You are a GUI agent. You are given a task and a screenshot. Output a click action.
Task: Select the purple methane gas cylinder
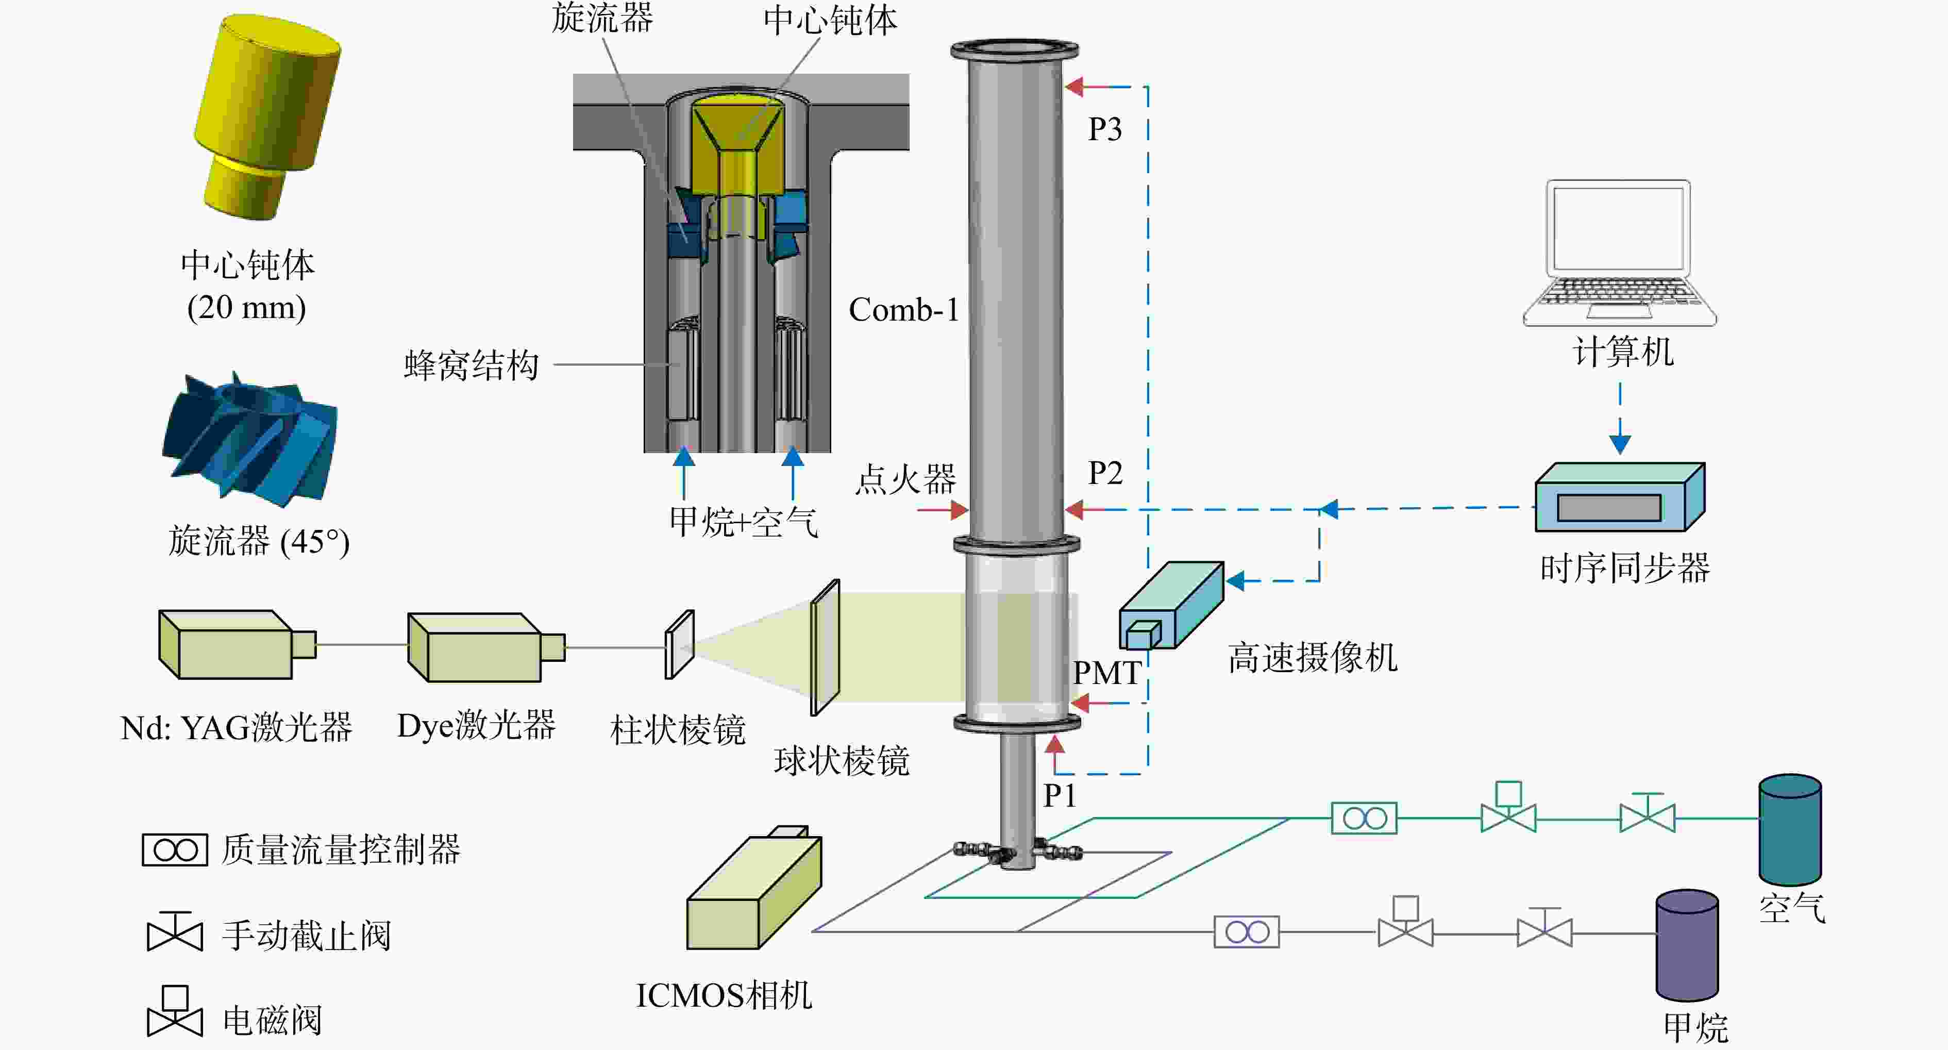tap(1687, 945)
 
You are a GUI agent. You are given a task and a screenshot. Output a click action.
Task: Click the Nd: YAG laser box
tap(237, 644)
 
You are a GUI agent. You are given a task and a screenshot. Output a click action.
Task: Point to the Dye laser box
tap(485, 647)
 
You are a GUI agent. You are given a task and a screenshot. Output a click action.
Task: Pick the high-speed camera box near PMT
tap(1171, 605)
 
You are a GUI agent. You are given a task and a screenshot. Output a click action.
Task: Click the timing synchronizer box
tap(1619, 497)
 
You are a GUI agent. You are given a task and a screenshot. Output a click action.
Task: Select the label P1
tap(1060, 795)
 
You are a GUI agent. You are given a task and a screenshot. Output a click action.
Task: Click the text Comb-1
tap(904, 309)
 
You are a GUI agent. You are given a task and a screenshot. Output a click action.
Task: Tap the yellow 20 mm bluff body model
tap(267, 117)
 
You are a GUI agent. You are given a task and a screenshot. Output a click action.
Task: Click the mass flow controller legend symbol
tap(175, 849)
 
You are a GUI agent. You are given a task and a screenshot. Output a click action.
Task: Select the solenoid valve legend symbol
tap(175, 1011)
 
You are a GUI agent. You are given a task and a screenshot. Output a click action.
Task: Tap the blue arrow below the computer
tap(1620, 419)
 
